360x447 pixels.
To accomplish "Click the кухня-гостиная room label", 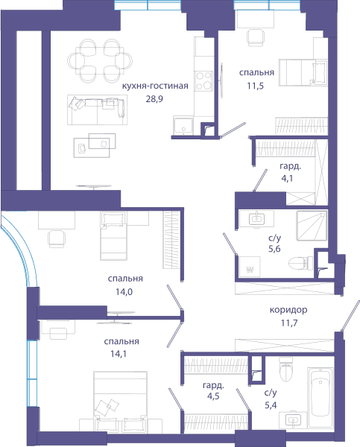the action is click(x=155, y=86).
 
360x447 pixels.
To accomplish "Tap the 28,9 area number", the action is click(x=154, y=99).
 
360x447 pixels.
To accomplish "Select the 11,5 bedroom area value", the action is click(x=256, y=86).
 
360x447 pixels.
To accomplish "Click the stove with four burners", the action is click(x=204, y=80).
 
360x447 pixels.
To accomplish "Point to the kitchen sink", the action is click(x=183, y=125).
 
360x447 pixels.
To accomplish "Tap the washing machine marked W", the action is click(x=250, y=266).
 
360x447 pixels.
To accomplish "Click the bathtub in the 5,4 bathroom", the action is click(x=320, y=397).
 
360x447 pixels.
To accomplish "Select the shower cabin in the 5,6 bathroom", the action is click(x=312, y=226).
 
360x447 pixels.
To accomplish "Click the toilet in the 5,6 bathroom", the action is click(x=300, y=263).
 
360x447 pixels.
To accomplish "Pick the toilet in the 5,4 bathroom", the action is click(x=286, y=369).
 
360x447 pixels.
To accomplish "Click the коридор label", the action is click(x=288, y=309).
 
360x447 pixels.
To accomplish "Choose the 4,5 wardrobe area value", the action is click(x=213, y=396).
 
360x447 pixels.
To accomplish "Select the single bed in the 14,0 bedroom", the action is click(x=113, y=235).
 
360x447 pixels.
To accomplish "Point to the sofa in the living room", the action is click(x=98, y=110).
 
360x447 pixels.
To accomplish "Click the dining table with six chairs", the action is click(x=100, y=61).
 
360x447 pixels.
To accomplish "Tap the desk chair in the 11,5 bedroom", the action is click(x=256, y=37).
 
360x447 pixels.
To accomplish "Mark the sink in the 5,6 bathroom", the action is click(x=256, y=220).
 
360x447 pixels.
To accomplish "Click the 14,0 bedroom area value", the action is click(x=124, y=292).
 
